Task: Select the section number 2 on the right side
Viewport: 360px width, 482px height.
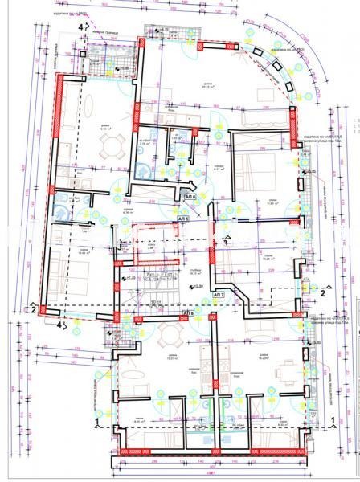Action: point(322,293)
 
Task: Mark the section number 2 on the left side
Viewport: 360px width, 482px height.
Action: point(32,308)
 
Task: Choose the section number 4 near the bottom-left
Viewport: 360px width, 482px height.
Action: point(58,326)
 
